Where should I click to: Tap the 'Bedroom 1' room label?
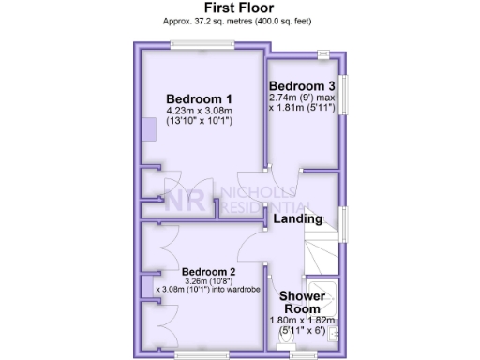coord(199,98)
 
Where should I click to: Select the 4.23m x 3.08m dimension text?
coord(199,110)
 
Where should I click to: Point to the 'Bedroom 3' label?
coord(304,85)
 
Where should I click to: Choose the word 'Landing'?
coord(298,218)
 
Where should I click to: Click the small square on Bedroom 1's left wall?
coord(148,127)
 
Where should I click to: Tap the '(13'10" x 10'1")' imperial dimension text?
coord(199,121)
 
